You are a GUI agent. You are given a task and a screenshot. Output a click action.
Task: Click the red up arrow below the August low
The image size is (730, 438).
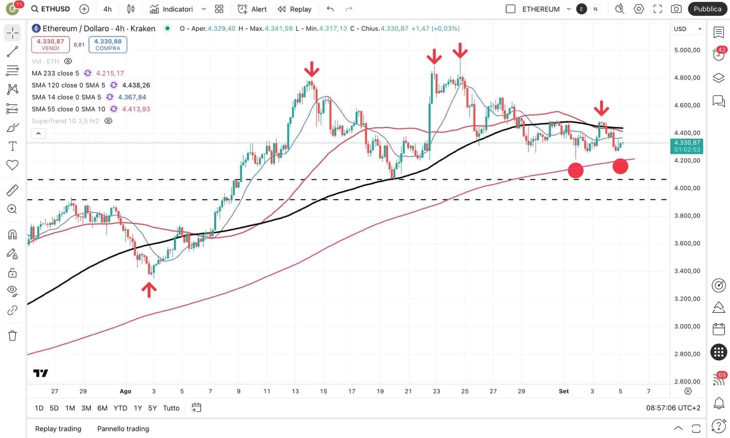(149, 290)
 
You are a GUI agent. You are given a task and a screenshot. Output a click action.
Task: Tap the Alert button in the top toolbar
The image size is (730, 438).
(252, 9)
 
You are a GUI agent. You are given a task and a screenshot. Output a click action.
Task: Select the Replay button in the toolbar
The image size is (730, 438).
(294, 9)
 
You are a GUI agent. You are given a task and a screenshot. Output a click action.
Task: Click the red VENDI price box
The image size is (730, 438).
(50, 44)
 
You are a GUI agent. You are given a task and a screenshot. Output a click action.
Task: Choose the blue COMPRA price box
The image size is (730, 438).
(108, 44)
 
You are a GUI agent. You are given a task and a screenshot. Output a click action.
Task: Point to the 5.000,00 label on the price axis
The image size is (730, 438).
(687, 50)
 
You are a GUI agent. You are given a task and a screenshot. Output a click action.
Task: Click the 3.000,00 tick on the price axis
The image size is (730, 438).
(687, 326)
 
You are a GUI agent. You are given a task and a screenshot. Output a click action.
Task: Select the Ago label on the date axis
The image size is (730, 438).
(126, 391)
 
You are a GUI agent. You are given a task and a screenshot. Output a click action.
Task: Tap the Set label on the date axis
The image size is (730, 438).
(564, 391)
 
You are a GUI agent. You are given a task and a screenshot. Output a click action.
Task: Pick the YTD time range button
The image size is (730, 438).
(120, 408)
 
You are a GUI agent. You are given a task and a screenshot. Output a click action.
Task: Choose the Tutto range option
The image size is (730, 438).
(171, 408)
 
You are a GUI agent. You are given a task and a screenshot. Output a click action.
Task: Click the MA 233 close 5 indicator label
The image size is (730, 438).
(55, 73)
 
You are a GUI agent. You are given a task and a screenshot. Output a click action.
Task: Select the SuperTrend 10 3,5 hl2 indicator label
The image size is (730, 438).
(65, 121)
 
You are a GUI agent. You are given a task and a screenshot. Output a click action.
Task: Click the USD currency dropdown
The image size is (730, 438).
(687, 29)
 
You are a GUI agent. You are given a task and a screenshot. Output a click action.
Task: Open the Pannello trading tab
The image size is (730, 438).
(123, 429)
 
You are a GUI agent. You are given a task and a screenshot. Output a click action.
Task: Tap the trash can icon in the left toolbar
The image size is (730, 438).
(13, 335)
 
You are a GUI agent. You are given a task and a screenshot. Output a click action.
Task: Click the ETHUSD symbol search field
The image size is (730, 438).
(51, 9)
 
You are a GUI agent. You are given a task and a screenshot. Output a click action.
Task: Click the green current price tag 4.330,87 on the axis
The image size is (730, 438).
(687, 146)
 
